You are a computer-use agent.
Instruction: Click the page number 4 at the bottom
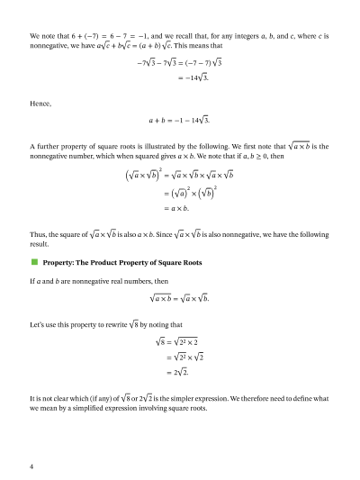(x=31, y=466)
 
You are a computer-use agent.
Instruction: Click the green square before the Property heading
(x=34, y=262)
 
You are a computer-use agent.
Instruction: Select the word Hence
(x=40, y=104)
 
